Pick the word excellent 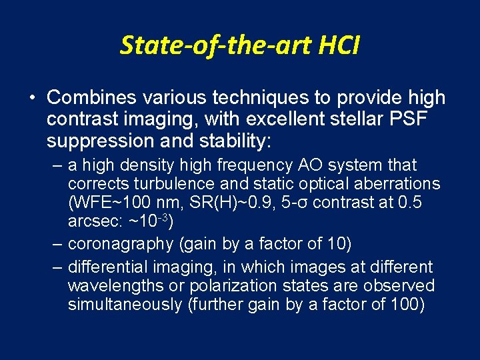point(294,120)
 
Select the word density point(142,165)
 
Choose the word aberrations point(397,184)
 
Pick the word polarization point(229,286)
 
